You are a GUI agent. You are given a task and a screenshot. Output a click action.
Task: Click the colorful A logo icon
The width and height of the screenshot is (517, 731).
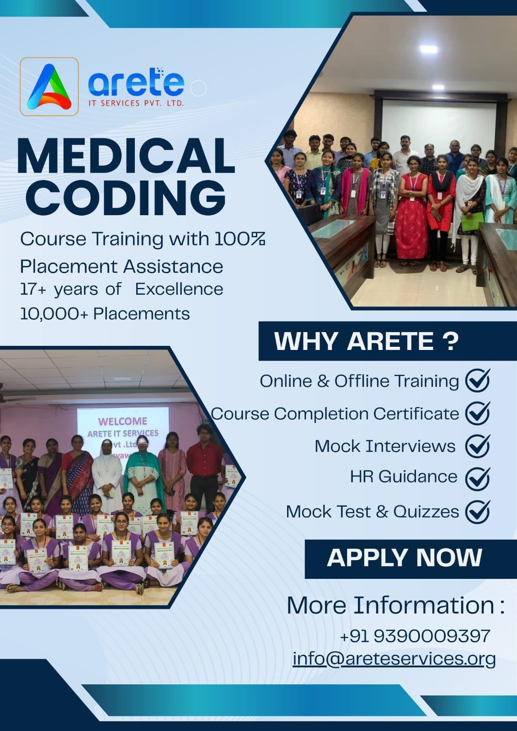tap(49, 87)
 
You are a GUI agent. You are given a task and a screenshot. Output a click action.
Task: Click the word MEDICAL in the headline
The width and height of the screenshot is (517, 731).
tap(126, 157)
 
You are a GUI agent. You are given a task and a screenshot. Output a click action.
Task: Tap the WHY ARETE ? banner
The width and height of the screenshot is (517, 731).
tap(366, 341)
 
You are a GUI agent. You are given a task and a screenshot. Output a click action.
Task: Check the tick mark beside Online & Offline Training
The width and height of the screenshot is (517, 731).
tap(478, 380)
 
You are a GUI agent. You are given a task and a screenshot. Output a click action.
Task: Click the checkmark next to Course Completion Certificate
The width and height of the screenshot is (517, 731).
tap(478, 413)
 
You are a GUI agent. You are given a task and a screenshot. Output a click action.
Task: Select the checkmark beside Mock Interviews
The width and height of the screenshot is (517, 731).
tap(478, 445)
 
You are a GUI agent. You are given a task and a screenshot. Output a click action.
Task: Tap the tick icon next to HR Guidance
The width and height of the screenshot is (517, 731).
tap(478, 477)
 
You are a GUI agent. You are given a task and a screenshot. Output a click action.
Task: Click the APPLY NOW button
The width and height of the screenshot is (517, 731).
tap(405, 558)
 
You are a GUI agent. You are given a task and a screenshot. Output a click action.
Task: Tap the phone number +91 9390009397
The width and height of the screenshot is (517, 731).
tap(415, 636)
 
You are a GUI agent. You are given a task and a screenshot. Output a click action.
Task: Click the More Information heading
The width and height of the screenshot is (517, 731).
tap(395, 605)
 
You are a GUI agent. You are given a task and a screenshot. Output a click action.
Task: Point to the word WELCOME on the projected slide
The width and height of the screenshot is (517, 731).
tap(123, 420)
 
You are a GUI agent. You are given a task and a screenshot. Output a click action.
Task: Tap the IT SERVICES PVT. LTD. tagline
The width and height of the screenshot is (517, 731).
tap(136, 104)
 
